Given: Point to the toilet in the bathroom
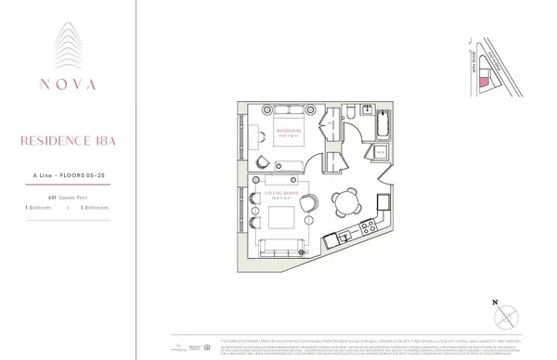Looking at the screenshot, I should (x=357, y=112).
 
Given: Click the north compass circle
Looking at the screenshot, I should (x=506, y=315).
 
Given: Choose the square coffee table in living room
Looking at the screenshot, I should (x=281, y=218).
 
